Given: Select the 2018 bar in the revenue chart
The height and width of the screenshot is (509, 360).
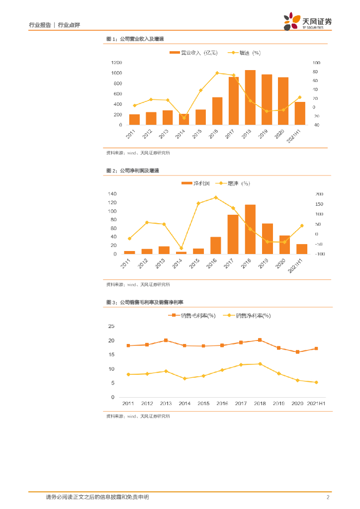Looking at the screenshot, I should click(x=250, y=97).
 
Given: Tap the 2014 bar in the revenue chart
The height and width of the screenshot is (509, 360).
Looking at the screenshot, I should click(x=184, y=119).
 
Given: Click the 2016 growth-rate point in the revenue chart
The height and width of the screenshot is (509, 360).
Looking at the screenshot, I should click(x=217, y=73).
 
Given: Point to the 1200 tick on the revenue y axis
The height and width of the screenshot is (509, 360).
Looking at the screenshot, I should click(x=116, y=63).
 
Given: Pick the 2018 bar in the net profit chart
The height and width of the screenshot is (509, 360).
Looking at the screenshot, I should click(x=250, y=229).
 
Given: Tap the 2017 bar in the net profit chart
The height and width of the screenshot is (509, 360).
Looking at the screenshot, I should click(x=233, y=234).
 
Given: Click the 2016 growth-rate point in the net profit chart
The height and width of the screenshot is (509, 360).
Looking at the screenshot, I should click(x=215, y=197).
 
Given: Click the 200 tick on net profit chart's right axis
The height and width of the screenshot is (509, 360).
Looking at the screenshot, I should click(x=319, y=194).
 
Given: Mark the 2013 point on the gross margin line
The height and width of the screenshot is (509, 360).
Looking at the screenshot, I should click(x=166, y=340).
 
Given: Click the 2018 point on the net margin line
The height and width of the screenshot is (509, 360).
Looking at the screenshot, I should click(x=260, y=364).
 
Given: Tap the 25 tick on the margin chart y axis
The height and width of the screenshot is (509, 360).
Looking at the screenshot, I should click(x=111, y=327).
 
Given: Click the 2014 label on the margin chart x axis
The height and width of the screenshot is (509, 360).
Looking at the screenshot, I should click(x=184, y=403).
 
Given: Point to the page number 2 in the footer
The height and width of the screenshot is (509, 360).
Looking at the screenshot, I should click(x=328, y=497).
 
